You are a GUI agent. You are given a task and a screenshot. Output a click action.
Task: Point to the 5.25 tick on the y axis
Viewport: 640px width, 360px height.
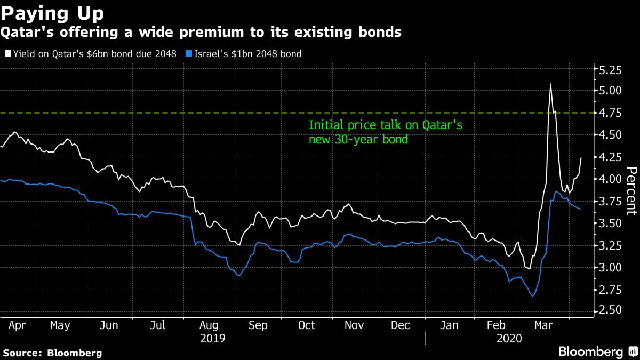[611, 69]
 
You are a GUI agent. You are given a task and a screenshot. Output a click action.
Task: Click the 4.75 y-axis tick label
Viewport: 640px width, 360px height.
[611, 113]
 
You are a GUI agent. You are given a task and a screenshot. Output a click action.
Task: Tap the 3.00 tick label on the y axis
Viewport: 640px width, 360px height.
[611, 267]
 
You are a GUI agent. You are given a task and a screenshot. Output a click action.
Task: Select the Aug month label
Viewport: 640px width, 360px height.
[208, 325]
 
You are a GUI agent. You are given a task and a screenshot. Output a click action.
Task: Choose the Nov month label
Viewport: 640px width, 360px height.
[355, 325]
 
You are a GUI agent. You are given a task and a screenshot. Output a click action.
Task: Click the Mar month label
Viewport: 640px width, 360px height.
[544, 325]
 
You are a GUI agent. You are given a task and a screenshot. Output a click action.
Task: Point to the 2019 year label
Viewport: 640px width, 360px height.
[212, 339]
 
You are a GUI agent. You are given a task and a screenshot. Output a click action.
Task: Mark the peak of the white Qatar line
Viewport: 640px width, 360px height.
[550, 84]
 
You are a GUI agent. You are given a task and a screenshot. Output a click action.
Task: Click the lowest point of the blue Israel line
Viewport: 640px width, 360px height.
[532, 296]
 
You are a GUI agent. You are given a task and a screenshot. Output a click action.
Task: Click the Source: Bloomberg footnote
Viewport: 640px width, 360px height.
[52, 353]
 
